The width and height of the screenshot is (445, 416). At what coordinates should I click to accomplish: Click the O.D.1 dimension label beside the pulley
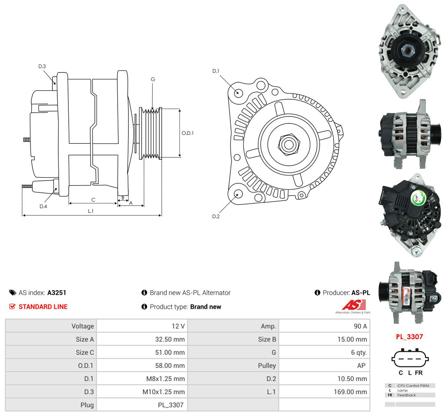[x=187, y=133]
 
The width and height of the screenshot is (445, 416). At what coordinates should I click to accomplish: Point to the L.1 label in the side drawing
[x=91, y=211]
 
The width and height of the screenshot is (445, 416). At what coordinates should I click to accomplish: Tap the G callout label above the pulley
[x=153, y=79]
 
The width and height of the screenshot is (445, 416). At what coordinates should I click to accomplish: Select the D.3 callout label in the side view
[x=42, y=66]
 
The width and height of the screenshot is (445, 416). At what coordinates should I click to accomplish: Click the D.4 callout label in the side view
[x=43, y=206]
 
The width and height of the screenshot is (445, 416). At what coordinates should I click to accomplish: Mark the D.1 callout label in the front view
[x=216, y=71]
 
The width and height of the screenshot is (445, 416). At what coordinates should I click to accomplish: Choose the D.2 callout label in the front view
[x=216, y=216]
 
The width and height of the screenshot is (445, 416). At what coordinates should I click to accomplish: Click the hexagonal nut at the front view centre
[x=289, y=145]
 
